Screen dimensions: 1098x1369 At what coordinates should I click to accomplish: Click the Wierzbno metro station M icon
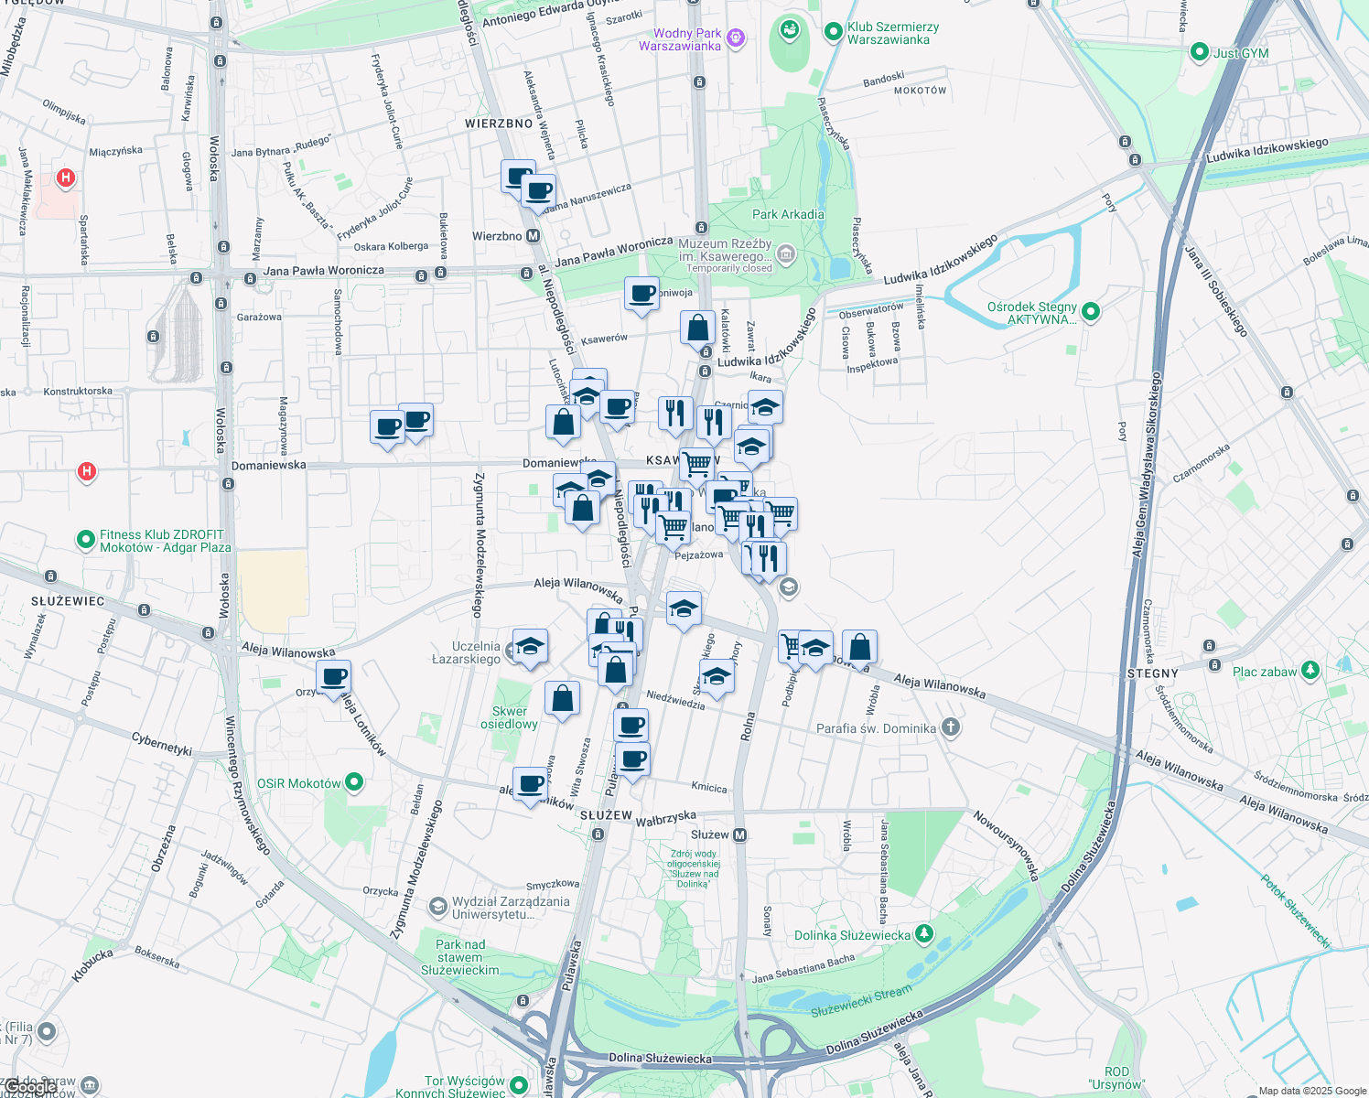coord(533,236)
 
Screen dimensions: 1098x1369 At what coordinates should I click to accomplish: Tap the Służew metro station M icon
coord(740,834)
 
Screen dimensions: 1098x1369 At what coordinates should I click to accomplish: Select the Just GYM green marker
coord(1200,53)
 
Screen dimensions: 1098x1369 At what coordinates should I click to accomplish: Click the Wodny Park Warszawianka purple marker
coord(737,38)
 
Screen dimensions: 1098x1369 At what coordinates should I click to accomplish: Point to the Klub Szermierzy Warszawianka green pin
coord(833,32)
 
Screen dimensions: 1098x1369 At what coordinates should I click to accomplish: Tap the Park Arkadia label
coord(788,214)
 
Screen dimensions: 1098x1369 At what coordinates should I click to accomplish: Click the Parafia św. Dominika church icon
coord(951,728)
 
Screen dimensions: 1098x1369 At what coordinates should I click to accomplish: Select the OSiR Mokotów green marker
coord(354,782)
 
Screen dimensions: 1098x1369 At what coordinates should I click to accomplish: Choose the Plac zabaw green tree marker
coord(1310,671)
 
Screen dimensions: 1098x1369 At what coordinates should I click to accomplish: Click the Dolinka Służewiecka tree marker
coord(925,934)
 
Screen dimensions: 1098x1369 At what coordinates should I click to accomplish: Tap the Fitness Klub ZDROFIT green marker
coord(85,540)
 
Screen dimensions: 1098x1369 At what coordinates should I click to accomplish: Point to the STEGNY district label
coord(1152,673)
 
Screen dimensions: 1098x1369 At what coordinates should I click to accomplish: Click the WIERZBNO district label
coord(499,124)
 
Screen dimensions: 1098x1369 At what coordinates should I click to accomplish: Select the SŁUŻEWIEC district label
coord(68,601)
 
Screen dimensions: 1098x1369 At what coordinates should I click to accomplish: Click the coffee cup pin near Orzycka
coord(334,677)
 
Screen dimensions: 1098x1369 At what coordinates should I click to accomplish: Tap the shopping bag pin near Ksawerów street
coord(697,328)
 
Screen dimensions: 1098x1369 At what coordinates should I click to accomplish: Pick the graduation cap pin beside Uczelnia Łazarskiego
coord(530,646)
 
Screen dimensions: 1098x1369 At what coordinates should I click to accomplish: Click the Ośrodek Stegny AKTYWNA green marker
coord(1090,312)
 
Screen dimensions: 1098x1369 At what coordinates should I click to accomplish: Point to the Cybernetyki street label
coord(162,743)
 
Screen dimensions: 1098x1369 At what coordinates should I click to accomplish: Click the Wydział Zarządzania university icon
coord(437,907)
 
